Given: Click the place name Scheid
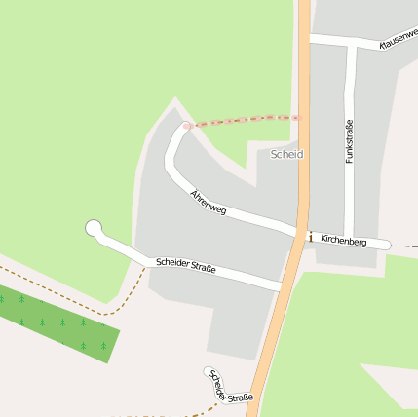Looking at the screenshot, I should (x=286, y=154).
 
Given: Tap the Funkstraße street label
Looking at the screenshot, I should (x=349, y=141).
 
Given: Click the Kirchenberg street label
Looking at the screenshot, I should (x=343, y=240).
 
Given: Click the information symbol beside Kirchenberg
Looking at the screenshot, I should (x=310, y=237).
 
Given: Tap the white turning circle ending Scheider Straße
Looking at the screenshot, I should (x=94, y=229).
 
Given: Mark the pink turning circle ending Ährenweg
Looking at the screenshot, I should (x=185, y=126).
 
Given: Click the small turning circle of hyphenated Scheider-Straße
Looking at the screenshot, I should (x=209, y=371).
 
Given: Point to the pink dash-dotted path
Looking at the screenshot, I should (x=244, y=121).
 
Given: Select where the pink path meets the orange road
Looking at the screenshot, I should (x=300, y=117).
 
